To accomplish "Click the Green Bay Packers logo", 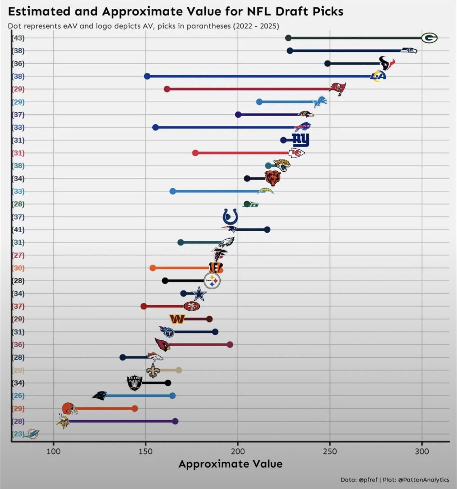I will point(429,38).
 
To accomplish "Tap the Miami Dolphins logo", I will point(33,434).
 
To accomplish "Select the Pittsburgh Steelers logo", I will point(212,281).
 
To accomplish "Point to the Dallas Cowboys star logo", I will point(199,294).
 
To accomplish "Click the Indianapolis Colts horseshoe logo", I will point(230,217).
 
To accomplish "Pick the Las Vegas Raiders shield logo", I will point(135,383).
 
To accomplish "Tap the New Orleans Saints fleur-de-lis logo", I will point(152,370).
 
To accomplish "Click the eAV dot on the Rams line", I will point(147,76).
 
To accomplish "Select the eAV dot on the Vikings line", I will point(175,421).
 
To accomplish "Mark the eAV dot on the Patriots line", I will point(267,229).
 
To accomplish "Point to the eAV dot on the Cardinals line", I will point(230,345).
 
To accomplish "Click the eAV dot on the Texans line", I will point(328,63).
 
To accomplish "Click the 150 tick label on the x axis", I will point(145,451).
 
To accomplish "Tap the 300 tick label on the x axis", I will point(422,451).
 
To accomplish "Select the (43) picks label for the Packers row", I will point(18,38).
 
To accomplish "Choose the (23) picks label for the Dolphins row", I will point(18,434).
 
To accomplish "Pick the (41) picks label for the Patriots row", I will point(18,229).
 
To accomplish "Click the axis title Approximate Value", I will point(230,464).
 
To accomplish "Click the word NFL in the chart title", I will point(259,11).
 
